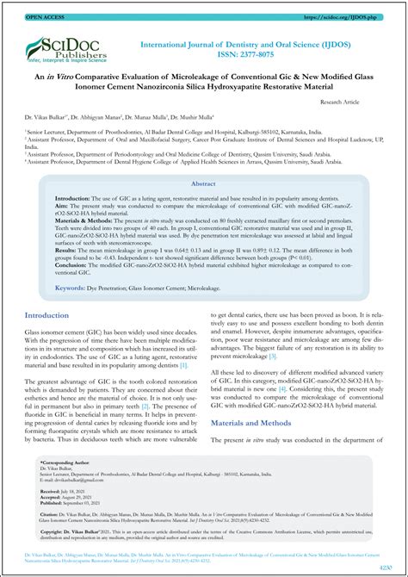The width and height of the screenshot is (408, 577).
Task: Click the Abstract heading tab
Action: pyautogui.click(x=203, y=184)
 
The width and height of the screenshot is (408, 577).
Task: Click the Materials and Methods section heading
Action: pyautogui.click(x=257, y=423)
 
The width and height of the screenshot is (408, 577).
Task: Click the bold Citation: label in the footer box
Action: pyautogui.click(x=53, y=512)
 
